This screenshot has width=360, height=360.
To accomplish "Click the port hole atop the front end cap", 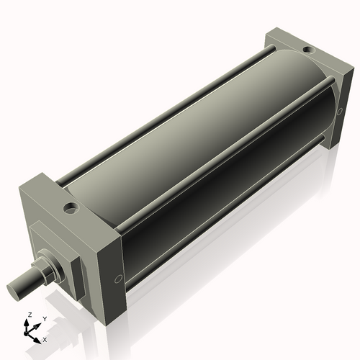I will pos(70,209).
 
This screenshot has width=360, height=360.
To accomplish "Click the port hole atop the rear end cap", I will pos(307,50).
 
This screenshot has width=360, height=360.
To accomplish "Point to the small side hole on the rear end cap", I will pos(339,111).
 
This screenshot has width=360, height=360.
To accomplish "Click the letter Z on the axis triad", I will pos(29,315).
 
